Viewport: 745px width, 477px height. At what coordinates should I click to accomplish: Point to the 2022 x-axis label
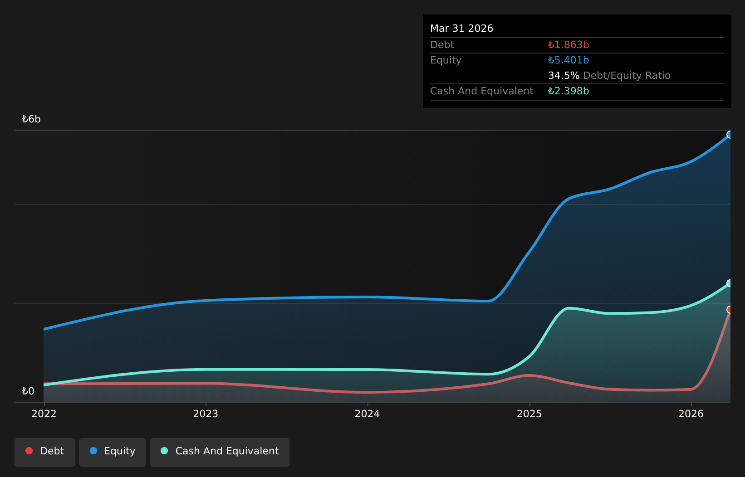tap(44, 414)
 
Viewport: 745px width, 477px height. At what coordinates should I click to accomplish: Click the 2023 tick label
tap(206, 414)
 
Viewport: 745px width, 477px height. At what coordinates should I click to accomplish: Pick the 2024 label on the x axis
tap(367, 414)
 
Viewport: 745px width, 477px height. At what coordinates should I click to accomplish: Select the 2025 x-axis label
tap(529, 414)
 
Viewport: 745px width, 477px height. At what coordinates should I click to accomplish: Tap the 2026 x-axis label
tap(691, 414)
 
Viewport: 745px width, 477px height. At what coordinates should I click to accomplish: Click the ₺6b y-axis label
tap(31, 119)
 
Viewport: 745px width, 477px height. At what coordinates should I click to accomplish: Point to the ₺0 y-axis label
tap(28, 391)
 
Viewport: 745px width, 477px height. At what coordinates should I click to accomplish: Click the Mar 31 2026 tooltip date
tap(461, 29)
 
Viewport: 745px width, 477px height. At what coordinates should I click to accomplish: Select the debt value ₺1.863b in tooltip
tap(569, 45)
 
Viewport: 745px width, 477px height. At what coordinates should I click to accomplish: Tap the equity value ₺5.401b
tap(569, 60)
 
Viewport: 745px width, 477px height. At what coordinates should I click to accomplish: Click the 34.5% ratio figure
tap(564, 76)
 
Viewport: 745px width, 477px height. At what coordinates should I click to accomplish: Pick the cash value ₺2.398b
tap(569, 91)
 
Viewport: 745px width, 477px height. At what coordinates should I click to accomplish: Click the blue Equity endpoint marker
tap(730, 135)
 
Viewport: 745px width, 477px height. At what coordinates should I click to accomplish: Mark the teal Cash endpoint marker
tap(730, 283)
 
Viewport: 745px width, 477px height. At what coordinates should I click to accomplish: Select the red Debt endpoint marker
tap(730, 310)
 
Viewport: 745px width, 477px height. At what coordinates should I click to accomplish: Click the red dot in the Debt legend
tap(29, 451)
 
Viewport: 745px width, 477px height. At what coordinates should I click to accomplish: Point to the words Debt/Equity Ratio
tap(627, 76)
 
